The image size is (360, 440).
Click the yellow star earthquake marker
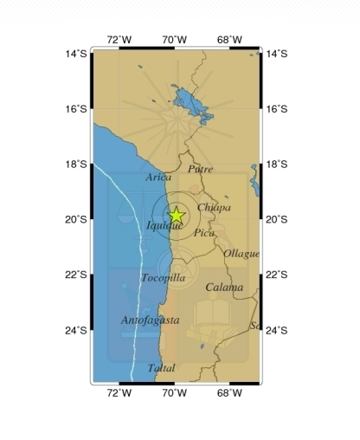coord(176,215)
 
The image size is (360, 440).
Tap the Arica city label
coord(158,177)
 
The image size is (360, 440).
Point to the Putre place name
coord(200,169)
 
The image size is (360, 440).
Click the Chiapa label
coord(214,208)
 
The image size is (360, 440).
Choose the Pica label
coord(204,232)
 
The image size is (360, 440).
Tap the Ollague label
coord(241,254)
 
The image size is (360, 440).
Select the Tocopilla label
coord(163,278)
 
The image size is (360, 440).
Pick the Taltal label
coord(161,368)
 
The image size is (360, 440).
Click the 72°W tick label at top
coord(119,39)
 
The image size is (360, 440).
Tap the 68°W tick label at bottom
coord(229,393)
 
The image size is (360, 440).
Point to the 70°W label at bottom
coord(174,393)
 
